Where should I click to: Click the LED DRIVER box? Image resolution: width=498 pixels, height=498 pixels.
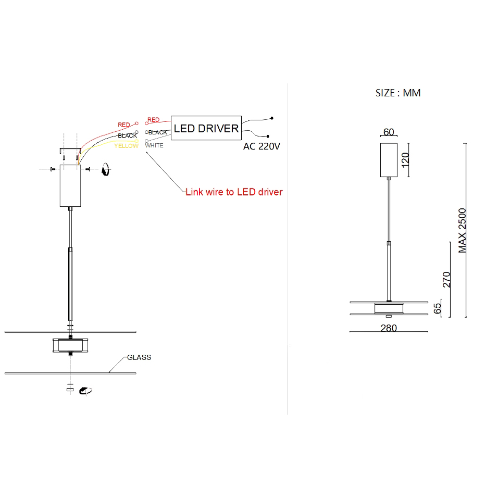(x=206, y=128)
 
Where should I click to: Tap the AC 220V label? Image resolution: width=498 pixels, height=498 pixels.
(x=262, y=146)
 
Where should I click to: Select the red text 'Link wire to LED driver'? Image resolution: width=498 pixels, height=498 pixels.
(x=234, y=192)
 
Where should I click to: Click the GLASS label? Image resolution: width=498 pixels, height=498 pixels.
(x=139, y=357)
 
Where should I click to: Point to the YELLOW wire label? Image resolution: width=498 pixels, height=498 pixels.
(x=127, y=146)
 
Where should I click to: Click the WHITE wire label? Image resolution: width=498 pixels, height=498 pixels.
(x=154, y=145)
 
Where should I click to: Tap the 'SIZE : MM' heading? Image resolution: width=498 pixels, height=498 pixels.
(x=398, y=93)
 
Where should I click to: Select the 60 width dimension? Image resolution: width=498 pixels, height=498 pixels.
(x=389, y=132)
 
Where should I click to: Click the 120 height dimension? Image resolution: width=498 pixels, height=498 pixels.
(x=405, y=160)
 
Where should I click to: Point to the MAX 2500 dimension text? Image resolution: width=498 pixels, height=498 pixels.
(x=463, y=231)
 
